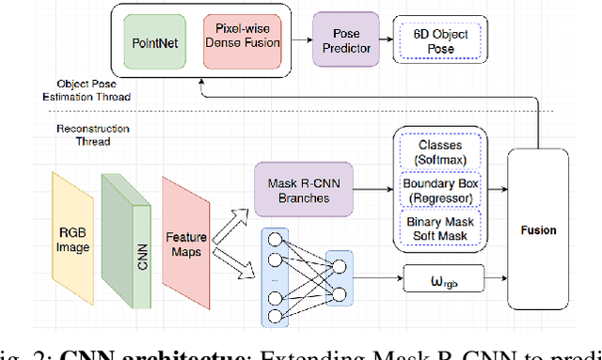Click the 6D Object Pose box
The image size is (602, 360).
[x=435, y=40]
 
